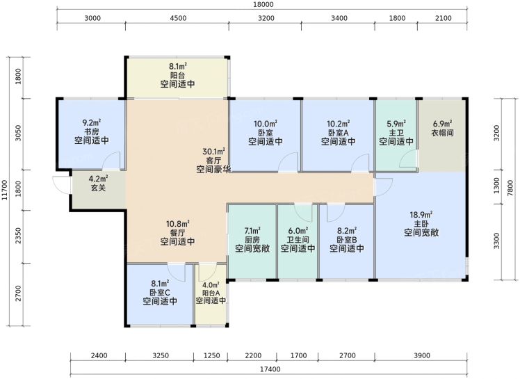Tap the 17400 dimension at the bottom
click(x=270, y=369)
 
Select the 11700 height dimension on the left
click(x=5, y=190)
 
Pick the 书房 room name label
click(x=92, y=131)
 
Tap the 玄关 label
click(x=98, y=188)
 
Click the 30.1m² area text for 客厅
click(x=214, y=152)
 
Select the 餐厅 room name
click(x=178, y=233)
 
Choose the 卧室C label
click(x=160, y=292)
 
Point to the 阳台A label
click(x=211, y=293)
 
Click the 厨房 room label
click(x=252, y=240)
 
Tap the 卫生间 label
click(x=298, y=240)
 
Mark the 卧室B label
click(x=347, y=240)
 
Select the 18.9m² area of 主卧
click(x=421, y=215)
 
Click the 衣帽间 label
click(x=442, y=133)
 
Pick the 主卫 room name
click(x=396, y=133)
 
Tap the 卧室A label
click(x=339, y=133)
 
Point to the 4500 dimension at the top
click(x=178, y=18)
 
